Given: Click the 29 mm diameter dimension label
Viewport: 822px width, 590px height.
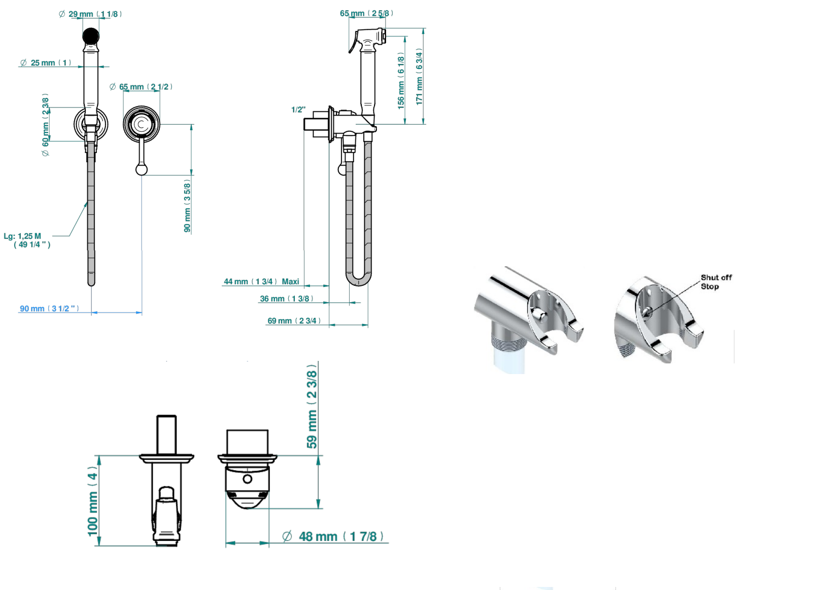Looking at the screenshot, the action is pos(90,14).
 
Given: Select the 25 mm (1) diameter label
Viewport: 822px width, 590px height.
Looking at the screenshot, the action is pos(46,63).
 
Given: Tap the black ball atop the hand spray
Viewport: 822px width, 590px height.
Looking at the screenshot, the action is pos(91,36).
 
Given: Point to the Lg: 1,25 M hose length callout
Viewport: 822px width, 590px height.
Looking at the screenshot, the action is pos(27,240).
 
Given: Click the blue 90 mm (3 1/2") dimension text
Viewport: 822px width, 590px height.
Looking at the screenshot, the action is pos(49,308).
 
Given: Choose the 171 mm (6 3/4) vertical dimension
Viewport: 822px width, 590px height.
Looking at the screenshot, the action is pos(419,77).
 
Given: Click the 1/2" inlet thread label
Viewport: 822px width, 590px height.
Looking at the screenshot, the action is pos(298,109).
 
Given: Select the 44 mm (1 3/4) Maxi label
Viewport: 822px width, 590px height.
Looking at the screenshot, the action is pos(261,282).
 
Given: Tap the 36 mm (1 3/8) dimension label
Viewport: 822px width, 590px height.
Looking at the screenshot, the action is pos(287,299).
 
